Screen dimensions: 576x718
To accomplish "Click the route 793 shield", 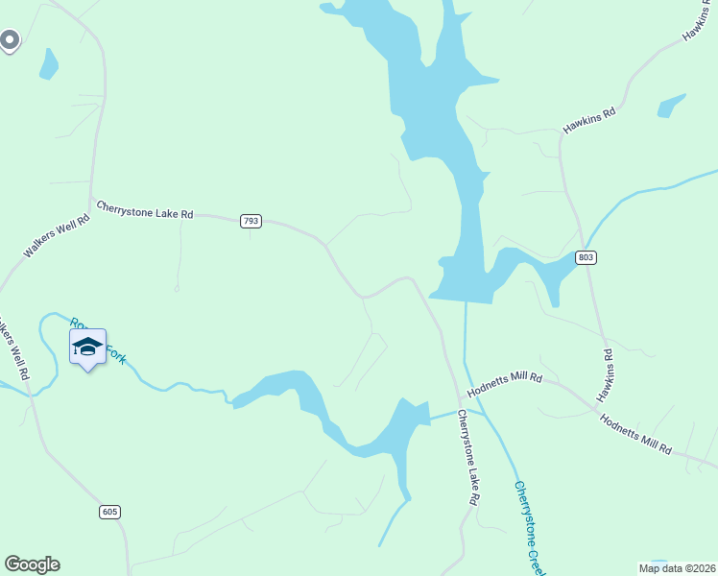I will click(251, 221).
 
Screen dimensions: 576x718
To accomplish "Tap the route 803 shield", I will click(587, 258).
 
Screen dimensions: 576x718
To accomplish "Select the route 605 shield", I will click(109, 512).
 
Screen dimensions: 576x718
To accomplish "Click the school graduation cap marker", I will click(87, 348).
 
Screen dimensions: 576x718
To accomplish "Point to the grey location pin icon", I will click(10, 40).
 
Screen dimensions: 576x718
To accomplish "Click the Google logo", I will click(32, 564).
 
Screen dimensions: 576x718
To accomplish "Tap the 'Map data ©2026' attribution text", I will click(677, 567).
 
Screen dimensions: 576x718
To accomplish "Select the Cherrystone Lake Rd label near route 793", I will click(145, 209).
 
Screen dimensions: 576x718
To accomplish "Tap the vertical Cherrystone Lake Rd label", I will click(467, 458).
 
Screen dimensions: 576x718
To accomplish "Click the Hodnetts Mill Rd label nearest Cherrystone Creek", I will click(505, 386).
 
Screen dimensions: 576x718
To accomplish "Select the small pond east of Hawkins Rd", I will click(670, 105).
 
